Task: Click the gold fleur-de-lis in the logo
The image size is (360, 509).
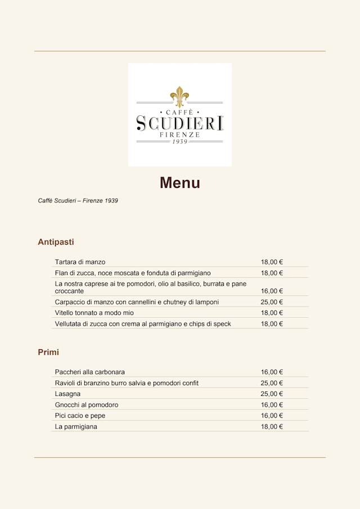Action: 179,96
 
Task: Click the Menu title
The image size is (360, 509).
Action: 179,183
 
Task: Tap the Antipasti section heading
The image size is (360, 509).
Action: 56,242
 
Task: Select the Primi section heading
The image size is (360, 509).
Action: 48,352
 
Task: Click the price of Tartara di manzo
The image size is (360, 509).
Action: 272,262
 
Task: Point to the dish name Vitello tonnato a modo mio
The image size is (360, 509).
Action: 94,313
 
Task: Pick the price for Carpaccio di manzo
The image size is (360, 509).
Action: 272,302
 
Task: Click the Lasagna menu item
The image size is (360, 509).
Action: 67,394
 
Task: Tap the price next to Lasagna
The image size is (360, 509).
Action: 272,394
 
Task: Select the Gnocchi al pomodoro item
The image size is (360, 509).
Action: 87,405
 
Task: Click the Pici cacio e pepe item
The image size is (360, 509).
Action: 80,416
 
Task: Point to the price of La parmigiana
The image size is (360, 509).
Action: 272,427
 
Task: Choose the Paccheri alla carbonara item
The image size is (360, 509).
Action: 90,372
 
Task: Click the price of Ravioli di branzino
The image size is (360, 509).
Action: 272,383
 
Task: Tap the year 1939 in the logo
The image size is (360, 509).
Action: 179,142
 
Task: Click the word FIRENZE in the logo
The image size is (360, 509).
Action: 179,135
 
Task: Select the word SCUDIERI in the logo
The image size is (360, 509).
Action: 179,123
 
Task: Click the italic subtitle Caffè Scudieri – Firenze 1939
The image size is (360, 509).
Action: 78,201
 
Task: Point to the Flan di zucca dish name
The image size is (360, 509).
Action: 133,273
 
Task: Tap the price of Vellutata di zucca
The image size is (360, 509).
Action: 272,324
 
